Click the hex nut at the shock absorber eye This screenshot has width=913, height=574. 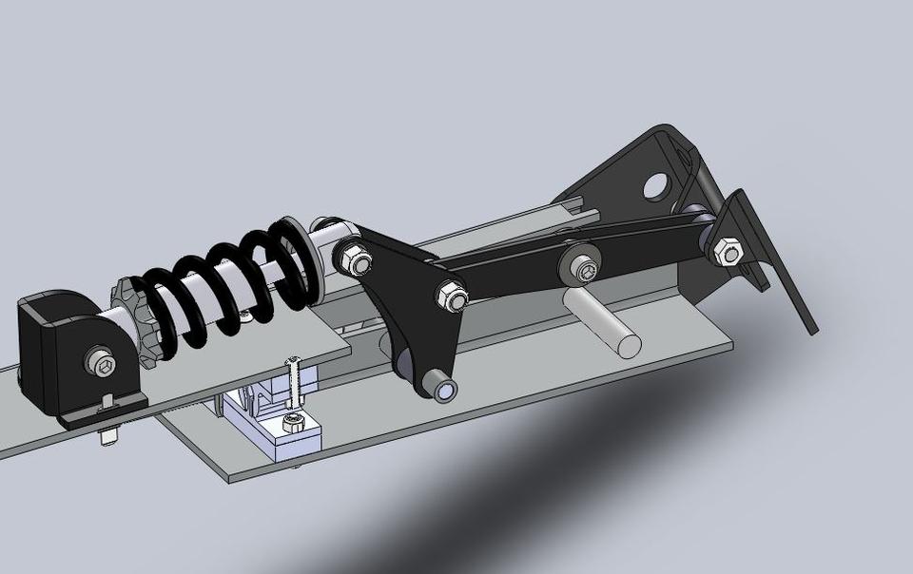tap(351, 258)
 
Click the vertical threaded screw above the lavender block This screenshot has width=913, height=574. tap(294, 386)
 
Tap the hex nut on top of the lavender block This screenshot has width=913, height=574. tap(293, 422)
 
